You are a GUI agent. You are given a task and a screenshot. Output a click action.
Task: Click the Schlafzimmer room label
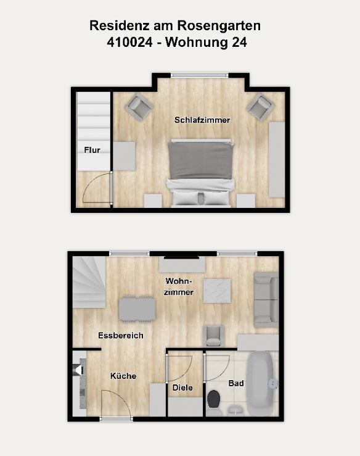point(202,120)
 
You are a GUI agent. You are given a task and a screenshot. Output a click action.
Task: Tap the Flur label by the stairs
point(92,150)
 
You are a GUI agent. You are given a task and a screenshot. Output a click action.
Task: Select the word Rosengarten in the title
point(219,25)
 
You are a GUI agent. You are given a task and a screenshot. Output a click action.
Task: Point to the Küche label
point(123,376)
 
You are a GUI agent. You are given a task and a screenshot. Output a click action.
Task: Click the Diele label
point(182,388)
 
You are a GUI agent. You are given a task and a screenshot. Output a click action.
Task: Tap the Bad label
point(236,383)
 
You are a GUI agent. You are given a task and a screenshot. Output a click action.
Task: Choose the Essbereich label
point(121,336)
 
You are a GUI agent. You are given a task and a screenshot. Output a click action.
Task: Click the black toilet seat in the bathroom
point(214,399)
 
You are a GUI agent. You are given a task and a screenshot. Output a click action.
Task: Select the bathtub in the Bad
point(261,383)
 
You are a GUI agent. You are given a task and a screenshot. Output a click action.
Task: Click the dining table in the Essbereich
point(137,309)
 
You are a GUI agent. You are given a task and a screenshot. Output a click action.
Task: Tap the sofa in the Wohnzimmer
point(266,299)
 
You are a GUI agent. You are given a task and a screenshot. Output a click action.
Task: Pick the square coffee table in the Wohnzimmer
point(217,291)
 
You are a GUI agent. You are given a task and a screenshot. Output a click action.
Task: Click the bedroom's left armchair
point(139,107)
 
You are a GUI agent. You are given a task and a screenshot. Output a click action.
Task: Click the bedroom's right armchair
point(260,107)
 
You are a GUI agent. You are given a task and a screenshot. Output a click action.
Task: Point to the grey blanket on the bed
point(201,160)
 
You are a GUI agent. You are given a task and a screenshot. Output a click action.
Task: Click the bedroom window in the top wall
point(200,75)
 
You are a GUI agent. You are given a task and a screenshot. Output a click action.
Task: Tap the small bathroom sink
point(235,410)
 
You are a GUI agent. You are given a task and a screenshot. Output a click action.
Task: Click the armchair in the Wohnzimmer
point(215,336)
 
